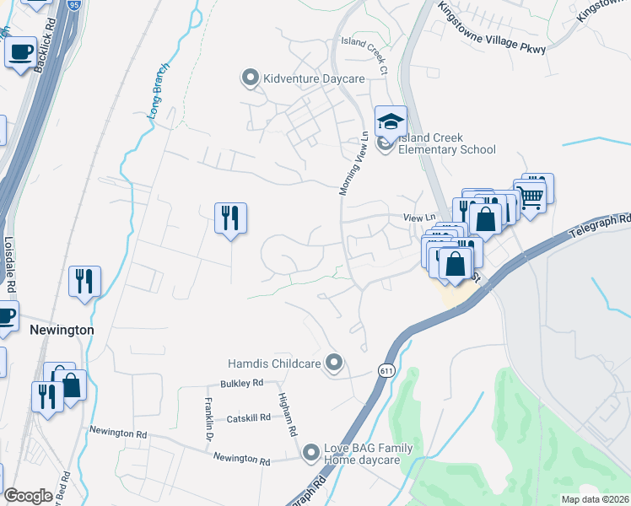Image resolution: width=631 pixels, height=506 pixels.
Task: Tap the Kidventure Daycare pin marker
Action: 250,78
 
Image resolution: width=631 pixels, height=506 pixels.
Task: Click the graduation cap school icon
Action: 391,121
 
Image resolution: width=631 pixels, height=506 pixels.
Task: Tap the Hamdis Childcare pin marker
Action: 334,363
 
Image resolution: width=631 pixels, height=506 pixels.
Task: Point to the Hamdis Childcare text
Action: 274,364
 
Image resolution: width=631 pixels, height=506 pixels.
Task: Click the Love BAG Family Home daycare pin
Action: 311,454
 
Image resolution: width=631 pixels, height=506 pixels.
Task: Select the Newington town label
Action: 62,331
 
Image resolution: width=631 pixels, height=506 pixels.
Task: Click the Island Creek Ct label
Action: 364,51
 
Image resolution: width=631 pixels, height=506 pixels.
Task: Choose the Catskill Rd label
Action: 247,417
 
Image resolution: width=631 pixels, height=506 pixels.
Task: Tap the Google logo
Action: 28,496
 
